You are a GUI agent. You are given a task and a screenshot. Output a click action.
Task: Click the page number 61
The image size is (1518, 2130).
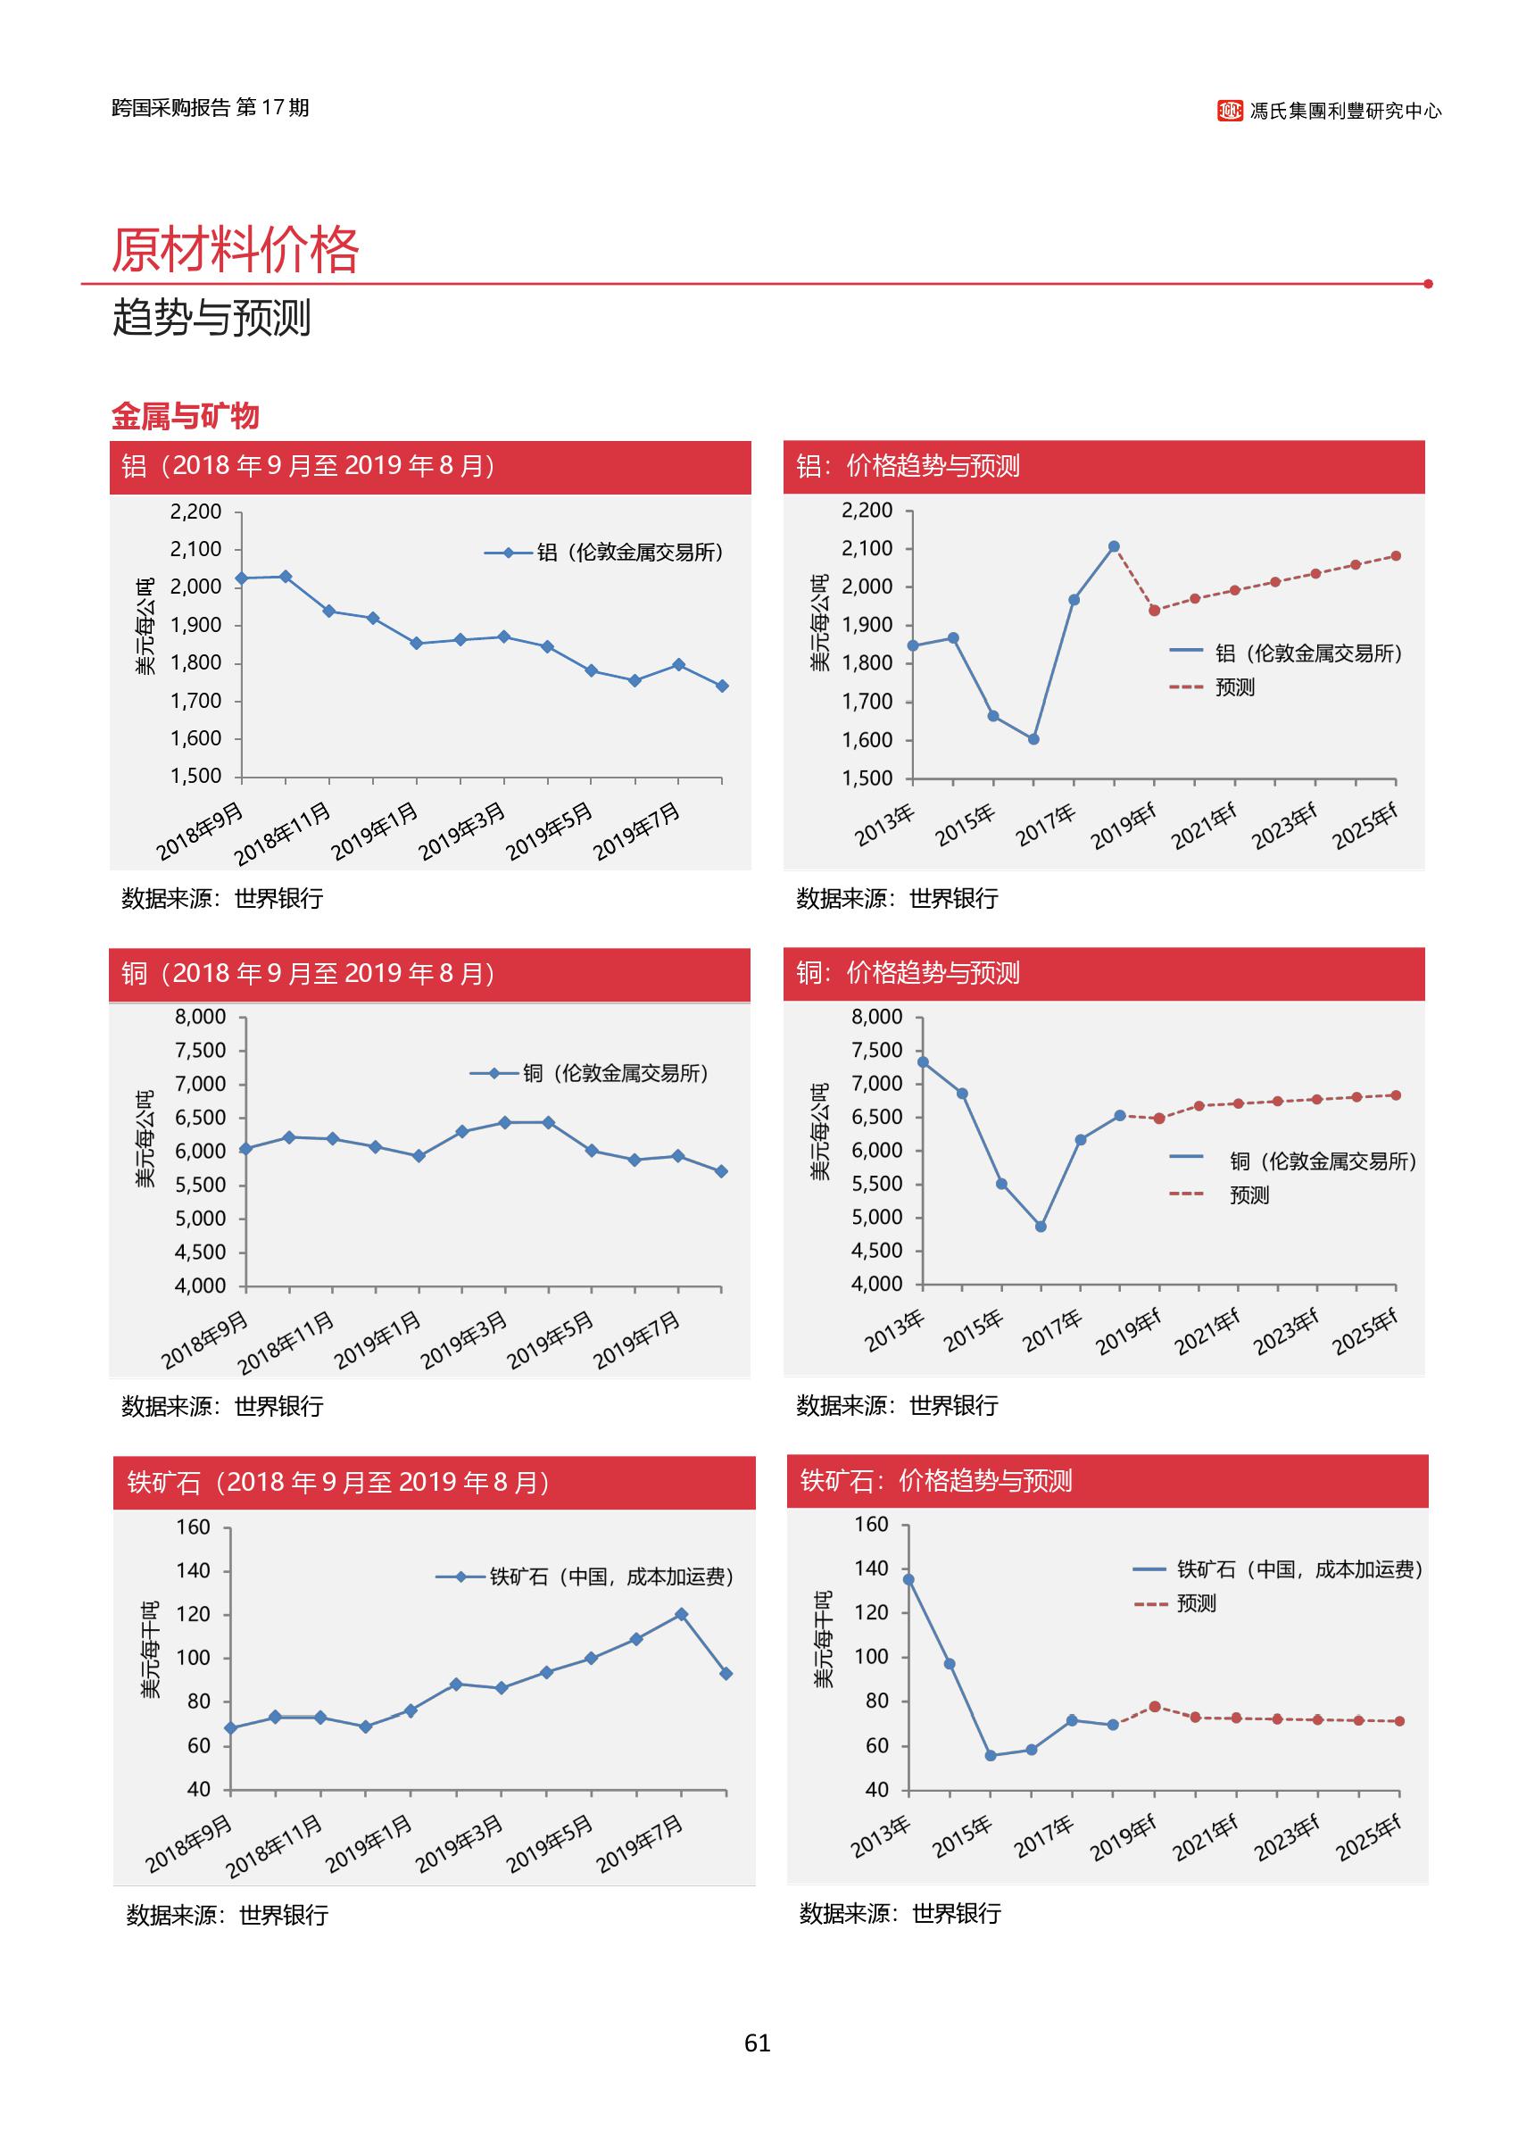(x=757, y=2043)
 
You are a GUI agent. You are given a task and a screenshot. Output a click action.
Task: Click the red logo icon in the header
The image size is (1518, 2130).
(x=1230, y=111)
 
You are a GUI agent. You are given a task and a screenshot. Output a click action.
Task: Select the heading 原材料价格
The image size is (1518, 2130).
(x=236, y=250)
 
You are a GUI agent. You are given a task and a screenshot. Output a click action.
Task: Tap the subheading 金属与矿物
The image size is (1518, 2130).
(x=185, y=416)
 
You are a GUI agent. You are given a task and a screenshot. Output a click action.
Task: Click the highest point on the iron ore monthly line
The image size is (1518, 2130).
(x=682, y=1614)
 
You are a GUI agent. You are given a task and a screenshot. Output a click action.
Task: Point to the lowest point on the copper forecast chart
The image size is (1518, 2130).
(x=1041, y=1226)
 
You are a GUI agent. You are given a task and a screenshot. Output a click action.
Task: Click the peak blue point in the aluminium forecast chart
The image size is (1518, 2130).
(x=1113, y=546)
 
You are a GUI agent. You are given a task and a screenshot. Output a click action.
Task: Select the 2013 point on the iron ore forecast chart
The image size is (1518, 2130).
(x=908, y=1579)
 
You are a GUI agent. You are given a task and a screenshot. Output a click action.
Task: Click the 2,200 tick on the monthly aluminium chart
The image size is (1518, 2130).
(x=195, y=512)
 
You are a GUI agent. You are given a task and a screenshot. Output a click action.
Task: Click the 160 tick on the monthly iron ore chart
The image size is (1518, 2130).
(x=194, y=1527)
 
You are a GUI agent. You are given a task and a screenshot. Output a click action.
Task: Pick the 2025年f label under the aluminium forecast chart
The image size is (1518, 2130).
(x=1365, y=827)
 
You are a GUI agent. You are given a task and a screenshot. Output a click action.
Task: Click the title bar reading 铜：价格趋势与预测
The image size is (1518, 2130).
(x=1103, y=973)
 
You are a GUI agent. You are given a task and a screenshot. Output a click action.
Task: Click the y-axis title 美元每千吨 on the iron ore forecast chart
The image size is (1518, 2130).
(x=823, y=1639)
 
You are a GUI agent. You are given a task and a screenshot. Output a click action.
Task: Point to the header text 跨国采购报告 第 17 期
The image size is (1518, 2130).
(x=211, y=107)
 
